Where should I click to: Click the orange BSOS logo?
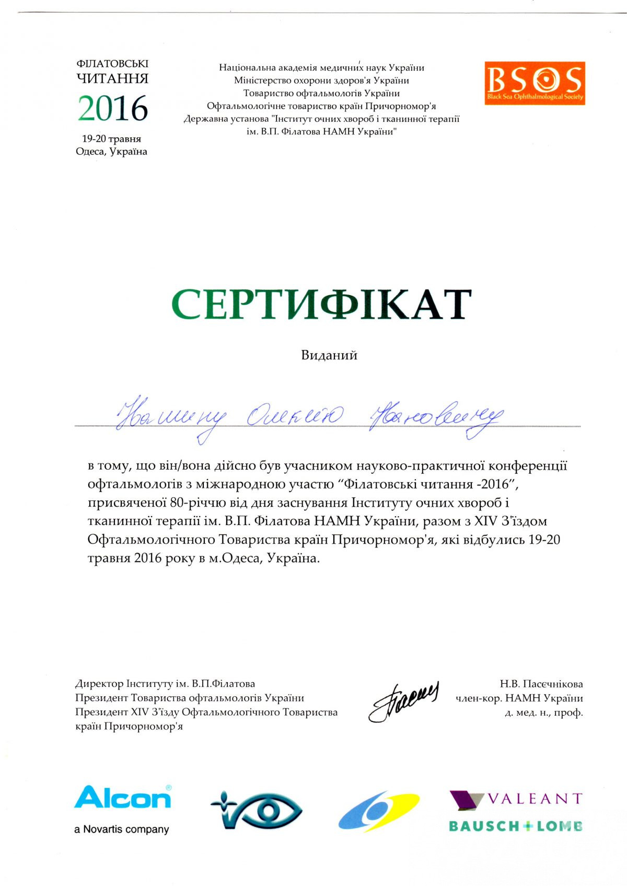534,83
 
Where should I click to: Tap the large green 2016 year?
113,109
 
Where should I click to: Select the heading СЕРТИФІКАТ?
321,304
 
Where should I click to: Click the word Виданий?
329,355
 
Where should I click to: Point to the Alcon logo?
123,798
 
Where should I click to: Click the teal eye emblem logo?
256,810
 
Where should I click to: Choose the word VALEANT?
534,799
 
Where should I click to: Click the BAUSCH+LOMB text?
516,826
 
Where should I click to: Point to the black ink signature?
403,701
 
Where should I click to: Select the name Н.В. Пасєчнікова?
541,684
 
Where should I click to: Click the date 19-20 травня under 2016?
111,139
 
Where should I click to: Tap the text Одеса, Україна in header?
111,151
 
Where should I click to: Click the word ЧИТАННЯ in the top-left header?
112,79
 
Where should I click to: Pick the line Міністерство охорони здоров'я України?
321,80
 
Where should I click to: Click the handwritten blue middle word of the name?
295,416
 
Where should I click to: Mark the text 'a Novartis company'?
122,829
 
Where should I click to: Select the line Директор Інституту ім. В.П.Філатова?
165,684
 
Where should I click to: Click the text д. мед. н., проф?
543,713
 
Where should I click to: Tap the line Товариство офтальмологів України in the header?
321,94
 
